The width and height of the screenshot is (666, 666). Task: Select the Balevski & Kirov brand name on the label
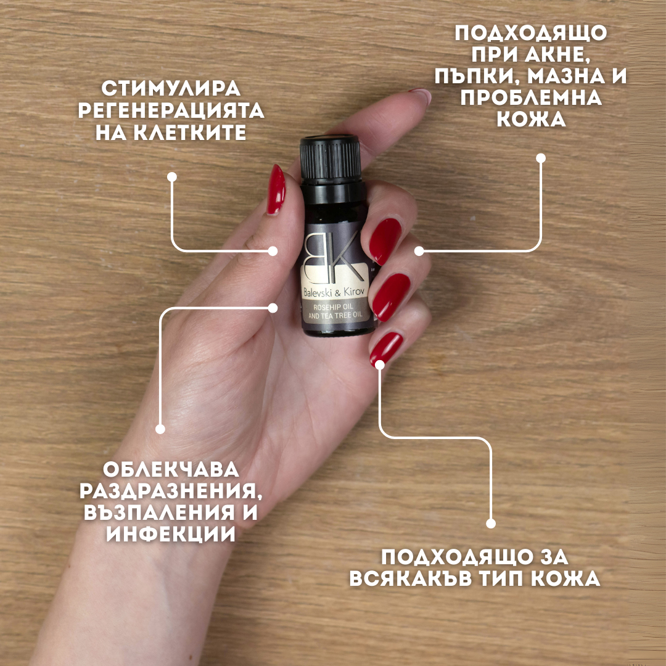[x=335, y=289]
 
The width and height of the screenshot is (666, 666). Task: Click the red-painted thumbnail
[x=276, y=189]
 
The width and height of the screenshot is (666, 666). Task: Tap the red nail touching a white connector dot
[x=386, y=350]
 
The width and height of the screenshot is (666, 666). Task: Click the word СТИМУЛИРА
[x=171, y=89]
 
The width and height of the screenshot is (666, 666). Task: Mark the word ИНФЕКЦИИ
[x=171, y=534]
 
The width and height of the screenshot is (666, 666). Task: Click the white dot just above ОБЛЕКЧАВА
[x=160, y=429]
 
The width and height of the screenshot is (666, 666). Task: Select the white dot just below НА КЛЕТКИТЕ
[x=172, y=177]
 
